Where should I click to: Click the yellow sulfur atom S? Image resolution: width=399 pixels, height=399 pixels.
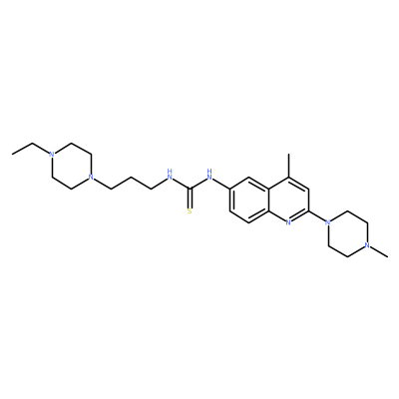click(190, 210)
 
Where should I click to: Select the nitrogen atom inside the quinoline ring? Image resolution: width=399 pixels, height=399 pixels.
click(288, 222)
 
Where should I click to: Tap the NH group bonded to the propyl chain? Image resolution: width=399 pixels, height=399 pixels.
click(170, 175)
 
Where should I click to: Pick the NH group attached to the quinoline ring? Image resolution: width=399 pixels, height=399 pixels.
click(209, 175)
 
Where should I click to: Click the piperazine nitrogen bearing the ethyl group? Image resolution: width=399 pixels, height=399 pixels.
click(51, 155)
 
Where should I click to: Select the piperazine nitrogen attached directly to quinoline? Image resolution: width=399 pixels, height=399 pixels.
click(328, 222)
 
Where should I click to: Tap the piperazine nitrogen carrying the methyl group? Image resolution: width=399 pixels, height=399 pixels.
click(367, 245)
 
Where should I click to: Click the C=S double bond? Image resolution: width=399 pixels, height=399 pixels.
click(190, 199)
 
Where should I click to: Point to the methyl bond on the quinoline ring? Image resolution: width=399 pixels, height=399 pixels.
click(288, 166)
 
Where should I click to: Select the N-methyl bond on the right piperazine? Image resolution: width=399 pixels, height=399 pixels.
click(379, 251)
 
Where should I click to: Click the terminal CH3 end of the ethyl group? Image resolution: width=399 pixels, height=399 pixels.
click(12, 155)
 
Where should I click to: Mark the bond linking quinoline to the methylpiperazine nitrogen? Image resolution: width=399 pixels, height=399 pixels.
click(317, 216)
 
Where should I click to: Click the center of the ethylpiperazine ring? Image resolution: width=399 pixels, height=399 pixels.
click(71, 166)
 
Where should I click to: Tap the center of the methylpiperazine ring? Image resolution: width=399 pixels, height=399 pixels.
click(347, 233)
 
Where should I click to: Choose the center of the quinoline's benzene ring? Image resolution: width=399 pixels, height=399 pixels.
click(249, 199)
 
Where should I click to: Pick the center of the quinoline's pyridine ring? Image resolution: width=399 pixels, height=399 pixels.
click(288, 199)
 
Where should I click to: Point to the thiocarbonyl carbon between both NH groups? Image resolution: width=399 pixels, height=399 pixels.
click(190, 189)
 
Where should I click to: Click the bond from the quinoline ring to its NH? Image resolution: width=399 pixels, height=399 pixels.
click(221, 184)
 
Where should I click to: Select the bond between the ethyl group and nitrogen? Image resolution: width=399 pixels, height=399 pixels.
click(40, 148)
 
